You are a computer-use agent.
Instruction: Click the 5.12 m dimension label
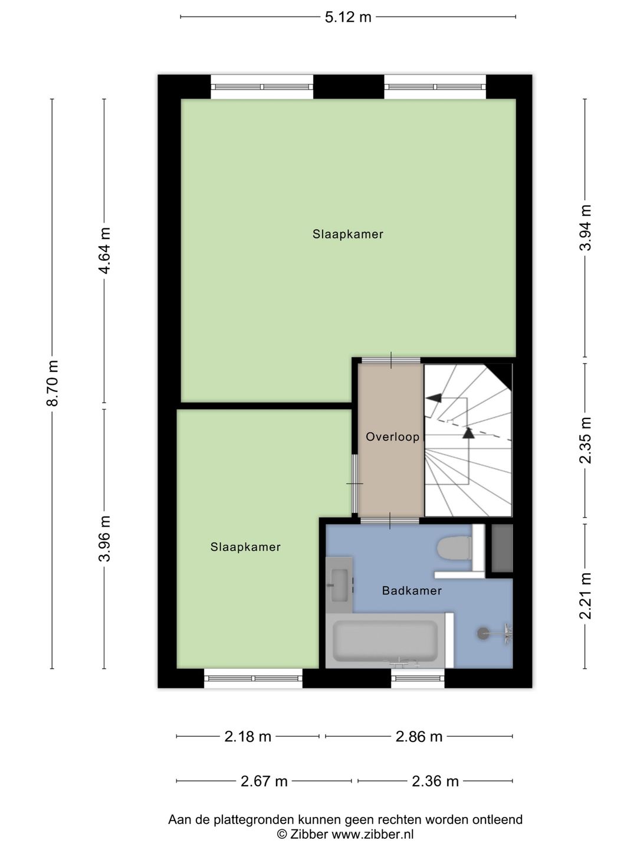348,18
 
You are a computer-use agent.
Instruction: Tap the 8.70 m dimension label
52,383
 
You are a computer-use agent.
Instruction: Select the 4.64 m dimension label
104,250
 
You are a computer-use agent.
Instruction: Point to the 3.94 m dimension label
585,228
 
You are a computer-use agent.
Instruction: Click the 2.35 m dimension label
585,440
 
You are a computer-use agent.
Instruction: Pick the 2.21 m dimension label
585,596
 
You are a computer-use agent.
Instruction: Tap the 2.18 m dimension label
248,737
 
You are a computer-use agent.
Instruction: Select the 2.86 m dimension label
419,737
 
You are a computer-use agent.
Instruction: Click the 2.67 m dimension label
264,782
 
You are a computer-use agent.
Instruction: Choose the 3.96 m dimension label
104,539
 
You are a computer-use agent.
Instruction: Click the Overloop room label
393,437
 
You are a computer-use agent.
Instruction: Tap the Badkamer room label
412,590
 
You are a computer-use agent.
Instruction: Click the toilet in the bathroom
454,548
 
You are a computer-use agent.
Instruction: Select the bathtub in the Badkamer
386,641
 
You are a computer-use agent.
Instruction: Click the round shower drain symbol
482,633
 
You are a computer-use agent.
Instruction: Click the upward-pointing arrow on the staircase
468,433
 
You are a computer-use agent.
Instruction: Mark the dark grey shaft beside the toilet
502,548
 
